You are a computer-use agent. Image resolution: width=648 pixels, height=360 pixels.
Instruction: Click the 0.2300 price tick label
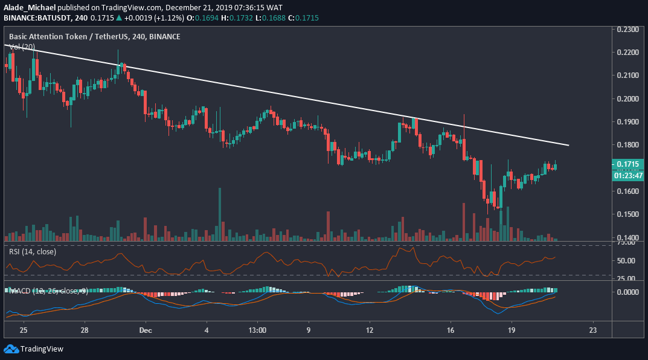pos(630,29)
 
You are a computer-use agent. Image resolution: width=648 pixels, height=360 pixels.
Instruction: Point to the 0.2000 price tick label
pos(630,98)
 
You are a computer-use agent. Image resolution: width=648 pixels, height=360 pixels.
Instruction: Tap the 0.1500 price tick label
pos(630,214)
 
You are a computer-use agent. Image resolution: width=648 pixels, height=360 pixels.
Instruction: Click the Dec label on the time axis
pos(145,330)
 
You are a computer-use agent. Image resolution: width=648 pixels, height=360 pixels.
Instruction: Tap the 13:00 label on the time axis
pos(257,330)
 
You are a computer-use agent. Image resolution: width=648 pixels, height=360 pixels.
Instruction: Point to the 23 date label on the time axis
pos(592,330)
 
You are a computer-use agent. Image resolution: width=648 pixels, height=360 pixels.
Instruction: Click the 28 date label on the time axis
pos(84,330)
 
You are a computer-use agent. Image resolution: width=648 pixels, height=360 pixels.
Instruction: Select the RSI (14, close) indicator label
pos(33,251)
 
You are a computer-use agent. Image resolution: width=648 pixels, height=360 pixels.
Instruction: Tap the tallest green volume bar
pos(219,214)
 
